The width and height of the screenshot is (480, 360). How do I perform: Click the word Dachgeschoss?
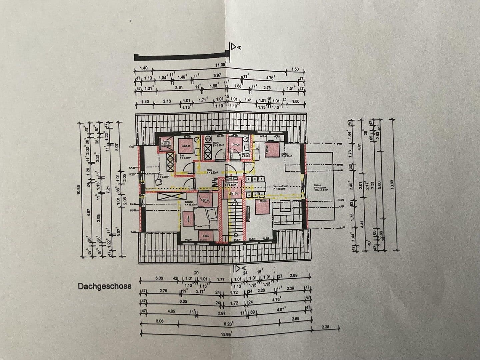tap(104, 286)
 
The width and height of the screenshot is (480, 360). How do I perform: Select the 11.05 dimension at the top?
tap(221, 65)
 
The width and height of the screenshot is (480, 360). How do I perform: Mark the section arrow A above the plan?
tap(235, 47)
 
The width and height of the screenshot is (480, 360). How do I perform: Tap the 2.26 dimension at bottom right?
tap(325, 327)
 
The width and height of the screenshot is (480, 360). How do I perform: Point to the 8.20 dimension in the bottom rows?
tap(228, 323)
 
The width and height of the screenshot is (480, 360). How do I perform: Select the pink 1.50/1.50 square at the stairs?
tap(230, 193)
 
